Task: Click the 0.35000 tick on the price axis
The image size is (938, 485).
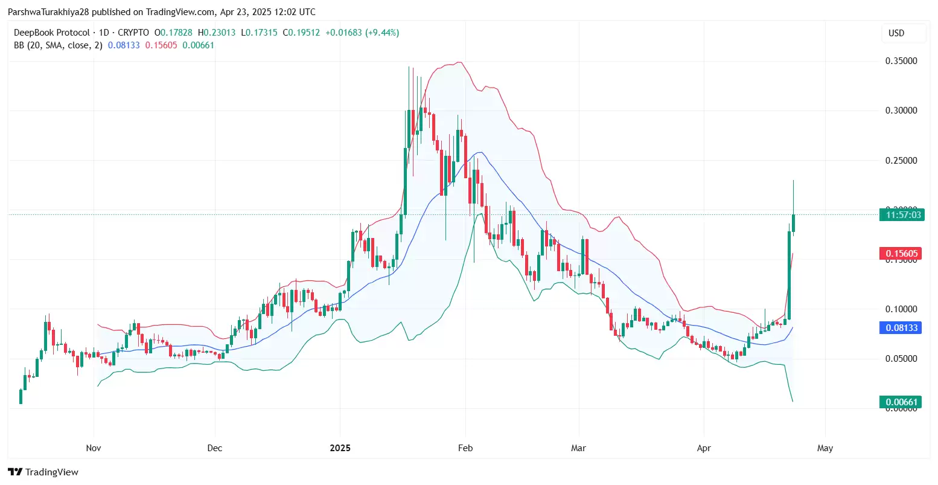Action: point(901,61)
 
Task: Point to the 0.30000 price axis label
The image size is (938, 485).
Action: point(901,111)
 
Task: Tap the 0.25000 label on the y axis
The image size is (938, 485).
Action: point(901,161)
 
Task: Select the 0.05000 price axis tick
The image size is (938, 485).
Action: point(901,359)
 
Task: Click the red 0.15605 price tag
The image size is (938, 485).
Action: point(901,254)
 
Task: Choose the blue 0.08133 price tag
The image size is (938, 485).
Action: point(901,328)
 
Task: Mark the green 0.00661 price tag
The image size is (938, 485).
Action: point(901,402)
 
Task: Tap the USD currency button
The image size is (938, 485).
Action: point(896,33)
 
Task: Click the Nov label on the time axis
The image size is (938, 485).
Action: point(94,448)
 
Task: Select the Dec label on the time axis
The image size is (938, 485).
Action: point(215,448)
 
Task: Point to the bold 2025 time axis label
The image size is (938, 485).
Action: point(340,448)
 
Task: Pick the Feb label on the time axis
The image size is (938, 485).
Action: point(465,448)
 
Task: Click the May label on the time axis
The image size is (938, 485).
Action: point(825,448)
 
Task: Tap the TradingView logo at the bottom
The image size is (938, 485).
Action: point(43,472)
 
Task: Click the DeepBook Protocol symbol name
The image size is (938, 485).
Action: point(52,33)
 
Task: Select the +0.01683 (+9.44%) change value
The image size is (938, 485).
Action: point(362,33)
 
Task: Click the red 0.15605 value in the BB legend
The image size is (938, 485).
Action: point(161,45)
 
